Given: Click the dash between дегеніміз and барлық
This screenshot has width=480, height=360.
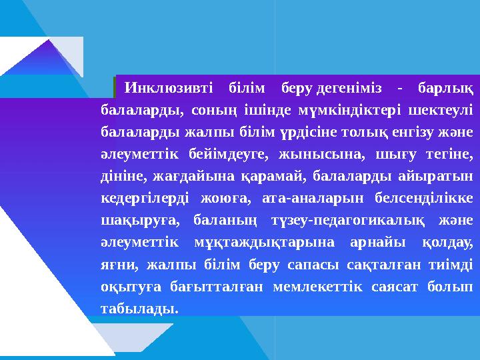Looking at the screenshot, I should coord(399,88).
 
